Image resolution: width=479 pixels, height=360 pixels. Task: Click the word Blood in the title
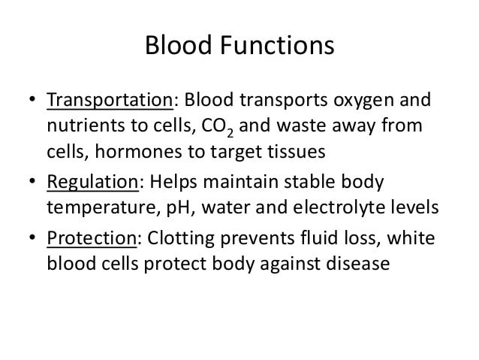click(x=179, y=45)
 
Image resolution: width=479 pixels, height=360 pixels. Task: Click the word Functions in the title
click(x=277, y=45)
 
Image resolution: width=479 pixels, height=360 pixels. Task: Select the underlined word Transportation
click(x=110, y=100)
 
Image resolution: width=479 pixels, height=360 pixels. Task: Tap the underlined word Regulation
click(x=93, y=183)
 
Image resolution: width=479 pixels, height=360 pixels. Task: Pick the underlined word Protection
click(x=92, y=238)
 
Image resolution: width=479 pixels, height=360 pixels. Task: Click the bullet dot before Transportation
click(x=32, y=99)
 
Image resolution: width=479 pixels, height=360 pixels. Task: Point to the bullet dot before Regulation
click(x=32, y=181)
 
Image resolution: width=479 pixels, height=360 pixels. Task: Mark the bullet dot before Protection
click(x=32, y=237)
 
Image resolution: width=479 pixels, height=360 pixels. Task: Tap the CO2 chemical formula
click(x=218, y=126)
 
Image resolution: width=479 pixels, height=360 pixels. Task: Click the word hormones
click(x=138, y=151)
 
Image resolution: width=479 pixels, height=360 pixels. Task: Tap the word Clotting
click(x=181, y=239)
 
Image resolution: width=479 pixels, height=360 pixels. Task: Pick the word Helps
click(x=173, y=183)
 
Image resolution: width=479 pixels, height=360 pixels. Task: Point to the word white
click(x=411, y=238)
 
